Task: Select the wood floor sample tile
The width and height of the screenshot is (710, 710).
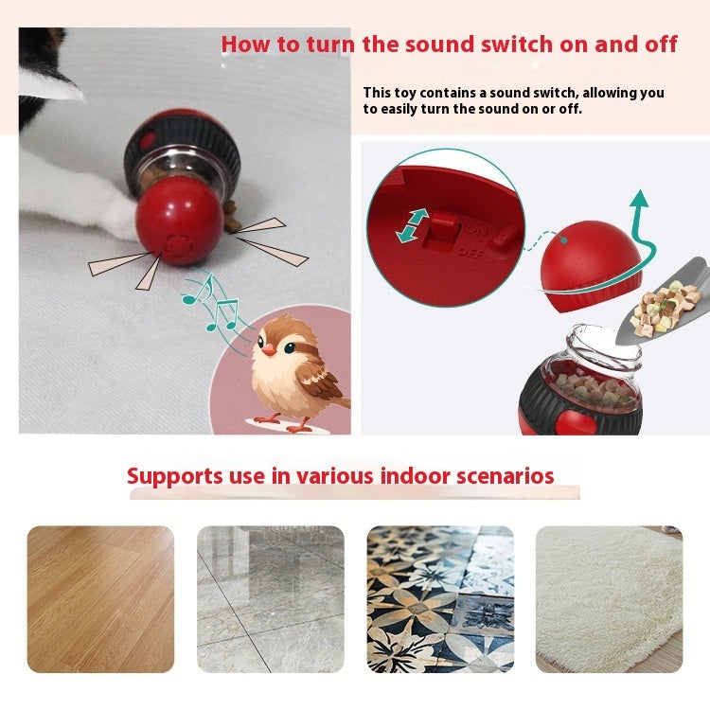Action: click(100, 599)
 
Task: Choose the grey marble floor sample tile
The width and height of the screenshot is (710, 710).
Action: click(270, 599)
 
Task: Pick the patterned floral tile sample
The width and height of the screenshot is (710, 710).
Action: click(440, 599)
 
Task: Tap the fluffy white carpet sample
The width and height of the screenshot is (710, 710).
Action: click(609, 599)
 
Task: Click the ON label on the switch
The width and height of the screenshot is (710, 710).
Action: click(475, 229)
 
